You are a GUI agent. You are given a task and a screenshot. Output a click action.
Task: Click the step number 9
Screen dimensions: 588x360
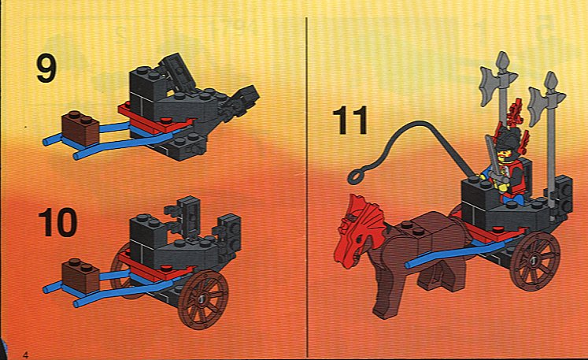tap(46, 69)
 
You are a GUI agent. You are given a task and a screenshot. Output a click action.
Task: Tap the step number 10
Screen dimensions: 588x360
tap(57, 223)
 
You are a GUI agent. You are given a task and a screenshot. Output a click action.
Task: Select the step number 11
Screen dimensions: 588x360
tap(349, 120)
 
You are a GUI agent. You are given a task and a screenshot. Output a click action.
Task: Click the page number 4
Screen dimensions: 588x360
tap(25, 354)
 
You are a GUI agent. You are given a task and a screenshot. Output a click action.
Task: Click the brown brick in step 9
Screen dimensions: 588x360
tap(80, 128)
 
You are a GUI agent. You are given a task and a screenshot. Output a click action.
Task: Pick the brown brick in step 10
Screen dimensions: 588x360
tap(80, 275)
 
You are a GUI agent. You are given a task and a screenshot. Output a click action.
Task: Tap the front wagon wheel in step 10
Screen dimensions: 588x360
tap(203, 299)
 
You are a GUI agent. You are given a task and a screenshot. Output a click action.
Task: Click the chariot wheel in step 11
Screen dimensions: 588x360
tap(535, 261)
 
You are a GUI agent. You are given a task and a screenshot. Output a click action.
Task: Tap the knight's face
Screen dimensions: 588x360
tap(503, 153)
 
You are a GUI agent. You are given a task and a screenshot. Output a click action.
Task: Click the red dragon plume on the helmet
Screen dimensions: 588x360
tap(516, 112)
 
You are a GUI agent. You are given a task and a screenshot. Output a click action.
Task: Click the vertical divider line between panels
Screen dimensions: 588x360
tap(307, 187)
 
